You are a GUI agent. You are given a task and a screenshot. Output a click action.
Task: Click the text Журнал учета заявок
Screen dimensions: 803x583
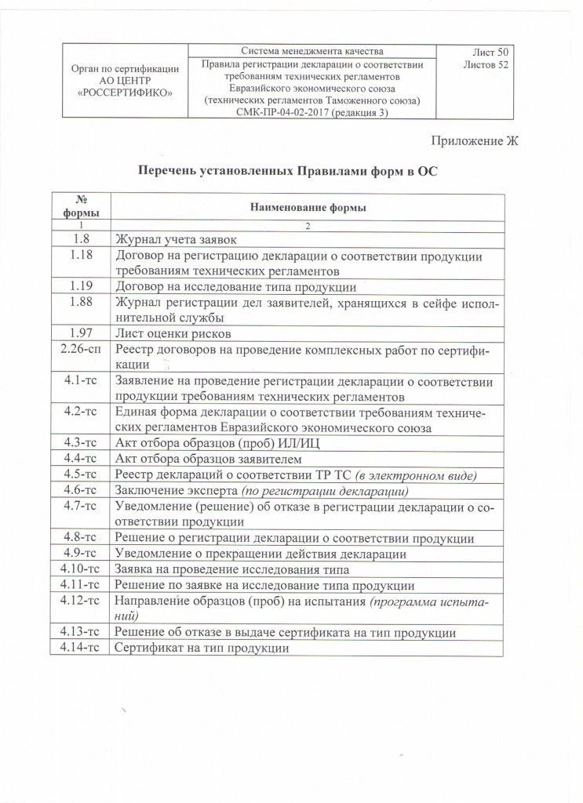point(176,238)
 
